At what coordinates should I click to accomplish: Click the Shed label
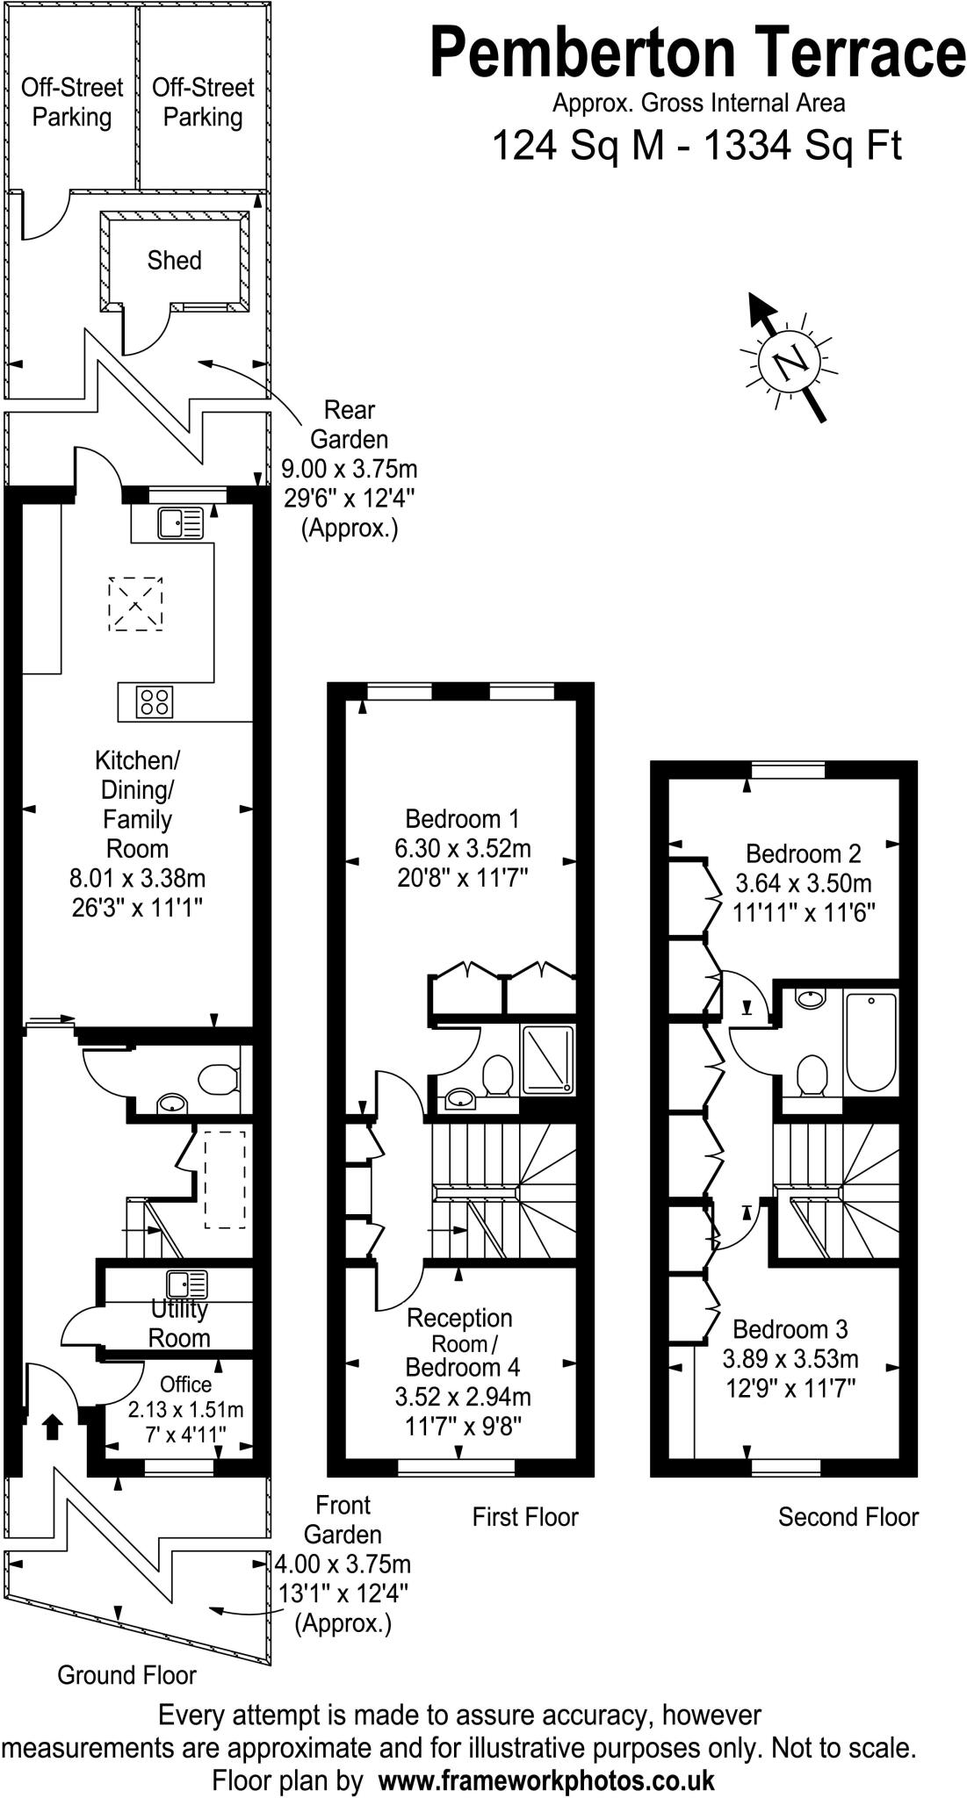174,261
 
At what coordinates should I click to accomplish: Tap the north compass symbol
788,360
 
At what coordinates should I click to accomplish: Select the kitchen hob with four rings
155,701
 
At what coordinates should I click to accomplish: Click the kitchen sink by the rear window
180,523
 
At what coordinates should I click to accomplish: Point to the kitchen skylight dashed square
135,604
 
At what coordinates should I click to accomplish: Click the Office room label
185,1384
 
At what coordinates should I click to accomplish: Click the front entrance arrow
52,1427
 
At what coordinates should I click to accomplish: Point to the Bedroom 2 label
803,853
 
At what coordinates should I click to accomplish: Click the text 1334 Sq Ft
803,146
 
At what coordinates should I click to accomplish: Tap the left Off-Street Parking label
72,103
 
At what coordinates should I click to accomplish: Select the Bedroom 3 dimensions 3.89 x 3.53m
790,1360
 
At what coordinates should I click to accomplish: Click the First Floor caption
525,1516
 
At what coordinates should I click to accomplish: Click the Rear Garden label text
350,424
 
